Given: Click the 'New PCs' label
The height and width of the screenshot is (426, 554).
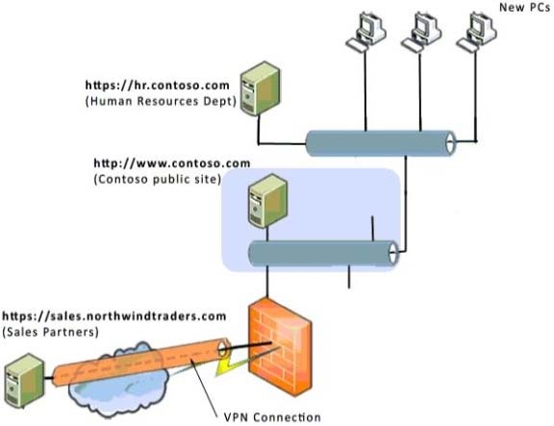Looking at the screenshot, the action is point(524,7).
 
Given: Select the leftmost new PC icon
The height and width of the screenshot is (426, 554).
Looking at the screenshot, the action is point(365,32).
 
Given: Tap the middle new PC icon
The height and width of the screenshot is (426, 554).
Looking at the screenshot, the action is point(421,32).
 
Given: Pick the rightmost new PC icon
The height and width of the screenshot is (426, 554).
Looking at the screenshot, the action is point(476,32).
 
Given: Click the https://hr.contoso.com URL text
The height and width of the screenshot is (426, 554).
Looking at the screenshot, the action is point(157,86).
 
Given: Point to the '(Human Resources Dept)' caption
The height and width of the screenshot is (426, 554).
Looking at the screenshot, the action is point(161,101).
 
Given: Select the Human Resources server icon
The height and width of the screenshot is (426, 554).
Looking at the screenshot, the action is point(260,88).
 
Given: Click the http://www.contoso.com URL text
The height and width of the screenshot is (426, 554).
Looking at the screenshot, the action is point(172,163).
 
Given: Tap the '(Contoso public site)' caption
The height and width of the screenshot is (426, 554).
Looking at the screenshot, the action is point(158,179).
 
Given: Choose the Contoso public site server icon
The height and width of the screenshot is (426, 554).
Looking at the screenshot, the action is point(267,201).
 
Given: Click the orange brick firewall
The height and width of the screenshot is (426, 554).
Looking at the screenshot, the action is point(281,347).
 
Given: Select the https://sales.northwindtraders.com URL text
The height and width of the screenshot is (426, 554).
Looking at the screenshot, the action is point(114,315).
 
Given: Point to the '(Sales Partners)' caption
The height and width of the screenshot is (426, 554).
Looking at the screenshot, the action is point(51,332).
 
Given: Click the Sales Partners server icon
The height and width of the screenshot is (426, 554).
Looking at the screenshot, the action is point(24,381).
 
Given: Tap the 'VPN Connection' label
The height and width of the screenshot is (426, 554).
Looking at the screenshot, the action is point(272,417).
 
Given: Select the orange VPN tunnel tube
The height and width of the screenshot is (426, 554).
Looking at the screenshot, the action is point(141,363).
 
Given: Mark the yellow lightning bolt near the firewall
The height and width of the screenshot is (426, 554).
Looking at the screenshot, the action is point(226,367).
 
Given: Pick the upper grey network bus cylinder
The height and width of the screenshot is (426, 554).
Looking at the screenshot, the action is point(381,143).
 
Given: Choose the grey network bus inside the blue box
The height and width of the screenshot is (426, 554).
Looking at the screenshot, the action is point(323,253).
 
